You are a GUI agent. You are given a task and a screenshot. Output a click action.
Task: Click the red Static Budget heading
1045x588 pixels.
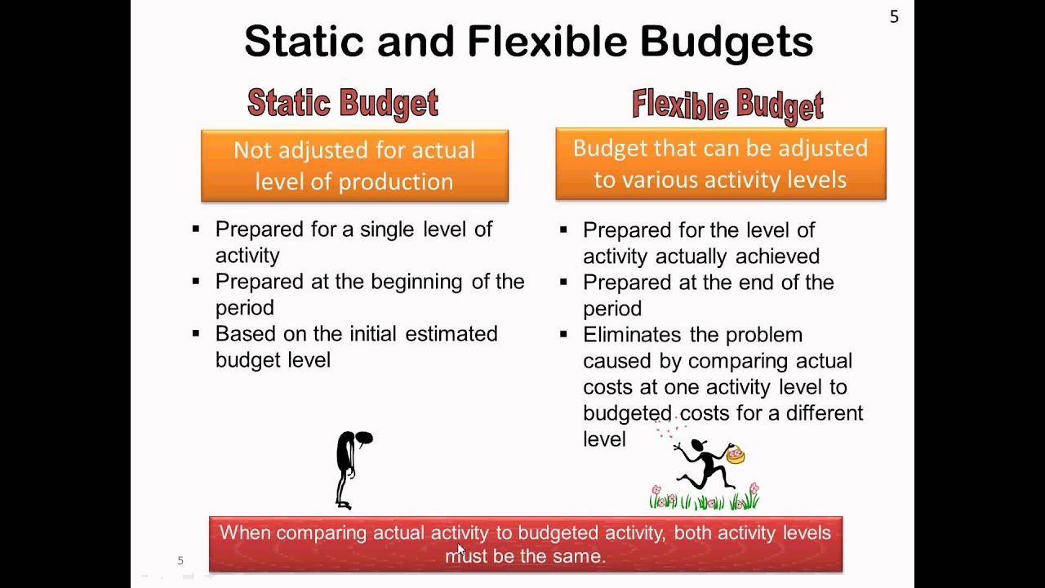[343, 103]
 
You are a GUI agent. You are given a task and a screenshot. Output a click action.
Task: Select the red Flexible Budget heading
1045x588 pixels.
[727, 106]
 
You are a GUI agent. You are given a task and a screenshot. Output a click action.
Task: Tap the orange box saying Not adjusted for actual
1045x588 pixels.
[354, 165]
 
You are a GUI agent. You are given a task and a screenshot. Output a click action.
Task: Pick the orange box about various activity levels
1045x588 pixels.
[720, 163]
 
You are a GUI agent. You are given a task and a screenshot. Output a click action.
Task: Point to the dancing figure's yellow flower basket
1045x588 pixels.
[736, 454]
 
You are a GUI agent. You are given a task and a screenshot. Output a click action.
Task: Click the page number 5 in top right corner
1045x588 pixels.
[894, 17]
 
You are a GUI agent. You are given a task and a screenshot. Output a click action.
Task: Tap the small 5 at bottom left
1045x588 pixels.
[180, 560]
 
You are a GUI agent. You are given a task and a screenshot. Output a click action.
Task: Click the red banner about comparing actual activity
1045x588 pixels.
[525, 544]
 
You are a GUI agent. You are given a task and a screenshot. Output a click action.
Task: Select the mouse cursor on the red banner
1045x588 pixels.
[460, 550]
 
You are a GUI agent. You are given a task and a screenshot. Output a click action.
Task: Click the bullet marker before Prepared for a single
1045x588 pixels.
[196, 229]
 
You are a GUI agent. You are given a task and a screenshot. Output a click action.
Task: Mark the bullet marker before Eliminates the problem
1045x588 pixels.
[563, 335]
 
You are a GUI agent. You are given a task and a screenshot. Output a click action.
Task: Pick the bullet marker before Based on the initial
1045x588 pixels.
[196, 333]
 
